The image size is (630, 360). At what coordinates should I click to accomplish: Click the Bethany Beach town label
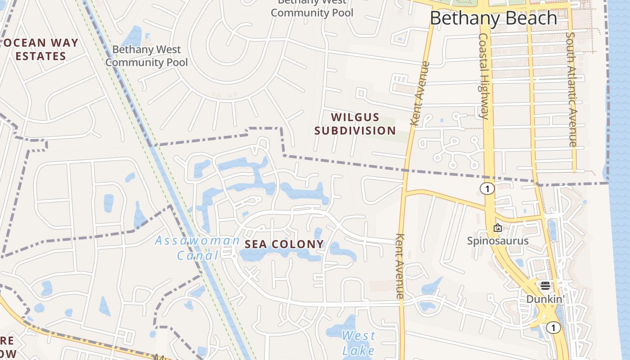[493, 18]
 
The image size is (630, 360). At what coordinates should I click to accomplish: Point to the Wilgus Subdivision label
[355, 124]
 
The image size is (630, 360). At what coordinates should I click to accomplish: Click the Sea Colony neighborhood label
[284, 244]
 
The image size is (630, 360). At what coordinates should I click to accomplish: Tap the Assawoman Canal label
[197, 248]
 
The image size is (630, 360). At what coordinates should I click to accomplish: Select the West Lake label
[358, 343]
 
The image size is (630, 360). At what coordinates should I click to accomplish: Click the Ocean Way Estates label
[41, 49]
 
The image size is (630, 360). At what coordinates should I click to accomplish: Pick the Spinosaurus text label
[498, 241]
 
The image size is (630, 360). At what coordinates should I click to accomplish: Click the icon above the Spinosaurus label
[497, 228]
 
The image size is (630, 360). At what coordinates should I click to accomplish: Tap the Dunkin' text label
[545, 299]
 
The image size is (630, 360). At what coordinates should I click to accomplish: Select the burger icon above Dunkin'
[545, 285]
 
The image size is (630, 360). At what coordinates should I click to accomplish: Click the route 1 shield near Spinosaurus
[487, 189]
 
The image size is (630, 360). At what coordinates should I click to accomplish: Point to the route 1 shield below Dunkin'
[553, 328]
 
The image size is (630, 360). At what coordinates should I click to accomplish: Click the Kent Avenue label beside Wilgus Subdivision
[420, 94]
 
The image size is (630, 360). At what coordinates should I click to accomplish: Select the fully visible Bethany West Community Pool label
[146, 56]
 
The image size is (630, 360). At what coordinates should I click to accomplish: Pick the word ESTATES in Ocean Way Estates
[41, 57]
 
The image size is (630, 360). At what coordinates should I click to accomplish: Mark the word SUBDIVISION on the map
[355, 131]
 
